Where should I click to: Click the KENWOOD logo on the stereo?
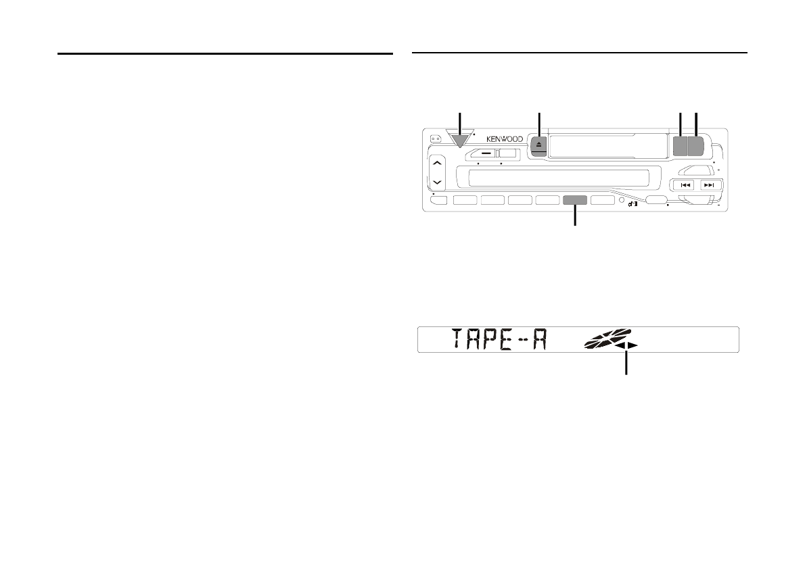505,139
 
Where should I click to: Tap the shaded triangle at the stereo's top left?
459,140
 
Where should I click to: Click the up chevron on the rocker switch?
437,163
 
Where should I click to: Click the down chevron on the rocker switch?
437,182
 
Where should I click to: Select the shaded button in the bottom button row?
575,200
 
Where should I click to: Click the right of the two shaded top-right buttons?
695,146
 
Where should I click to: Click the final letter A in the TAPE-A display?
538,339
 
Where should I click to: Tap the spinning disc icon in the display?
607,338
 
